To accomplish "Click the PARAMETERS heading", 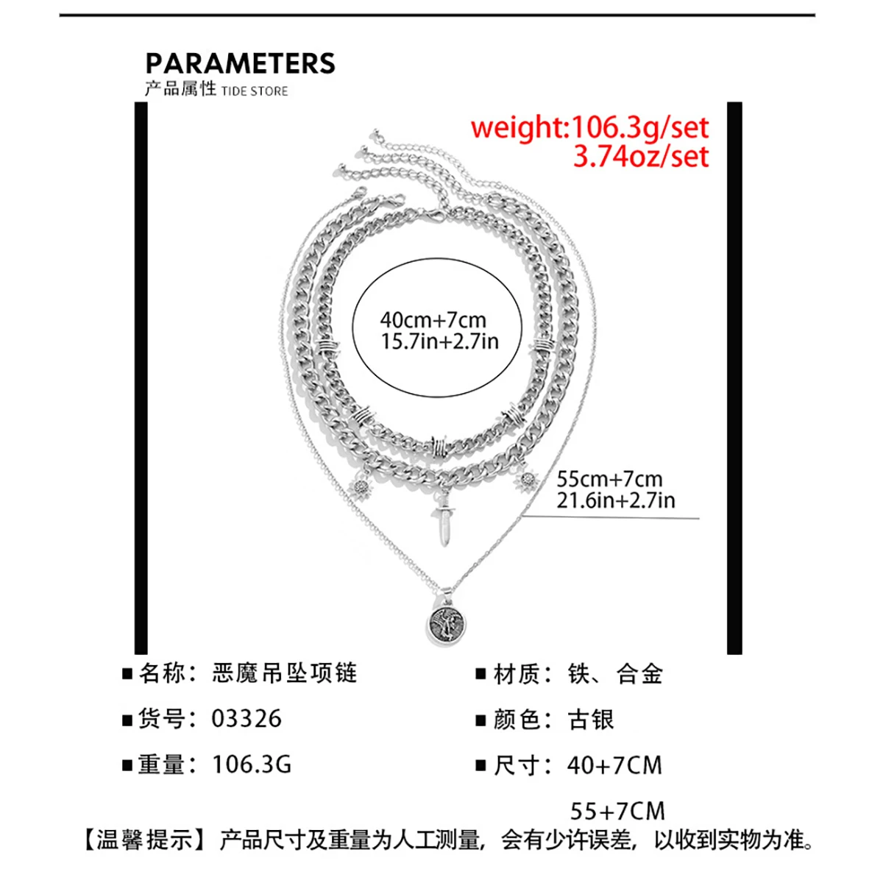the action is pyautogui.click(x=240, y=63).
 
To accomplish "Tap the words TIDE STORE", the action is pyautogui.click(x=254, y=91).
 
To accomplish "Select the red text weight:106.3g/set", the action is pyautogui.click(x=589, y=127).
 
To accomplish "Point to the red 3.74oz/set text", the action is pyautogui.click(x=640, y=157).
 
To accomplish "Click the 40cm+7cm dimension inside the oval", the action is pyautogui.click(x=433, y=320).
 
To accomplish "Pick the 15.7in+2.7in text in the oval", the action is pyautogui.click(x=439, y=341).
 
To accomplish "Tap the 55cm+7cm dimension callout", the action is pyautogui.click(x=609, y=479).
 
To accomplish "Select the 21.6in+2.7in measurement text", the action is pyautogui.click(x=615, y=500).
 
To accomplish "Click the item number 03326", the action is pyautogui.click(x=247, y=719).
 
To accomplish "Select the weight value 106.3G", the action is pyautogui.click(x=252, y=765).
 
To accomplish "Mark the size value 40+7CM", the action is pyautogui.click(x=614, y=765).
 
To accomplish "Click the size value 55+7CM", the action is pyautogui.click(x=617, y=811).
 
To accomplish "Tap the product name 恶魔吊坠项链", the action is pyautogui.click(x=285, y=673).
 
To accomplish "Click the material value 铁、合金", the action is pyautogui.click(x=614, y=673).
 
